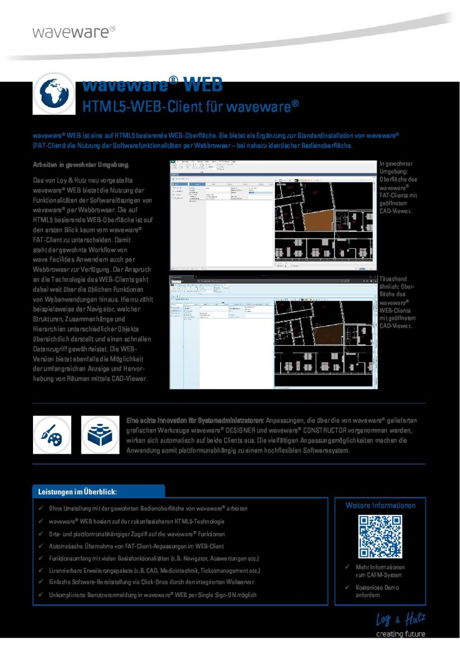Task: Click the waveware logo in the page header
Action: [x=73, y=32]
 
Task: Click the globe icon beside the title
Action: [x=54, y=94]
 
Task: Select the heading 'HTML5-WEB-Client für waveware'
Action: [x=190, y=106]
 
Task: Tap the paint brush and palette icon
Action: [x=52, y=434]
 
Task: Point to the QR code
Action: [x=380, y=536]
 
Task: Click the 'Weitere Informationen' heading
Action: [x=380, y=505]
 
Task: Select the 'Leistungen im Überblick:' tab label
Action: [x=78, y=492]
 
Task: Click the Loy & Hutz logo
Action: [x=400, y=619]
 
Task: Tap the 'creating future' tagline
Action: [x=400, y=634]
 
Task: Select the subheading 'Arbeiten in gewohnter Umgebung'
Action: [x=81, y=165]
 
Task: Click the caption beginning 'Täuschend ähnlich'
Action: [x=398, y=302]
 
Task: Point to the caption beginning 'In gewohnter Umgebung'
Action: [x=398, y=187]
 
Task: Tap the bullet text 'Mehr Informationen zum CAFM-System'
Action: [x=380, y=571]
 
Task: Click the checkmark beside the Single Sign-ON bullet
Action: [x=41, y=595]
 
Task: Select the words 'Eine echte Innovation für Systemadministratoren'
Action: [x=195, y=420]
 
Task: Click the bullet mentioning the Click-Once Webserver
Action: [x=151, y=582]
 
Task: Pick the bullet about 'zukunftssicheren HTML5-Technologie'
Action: [x=136, y=521]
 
